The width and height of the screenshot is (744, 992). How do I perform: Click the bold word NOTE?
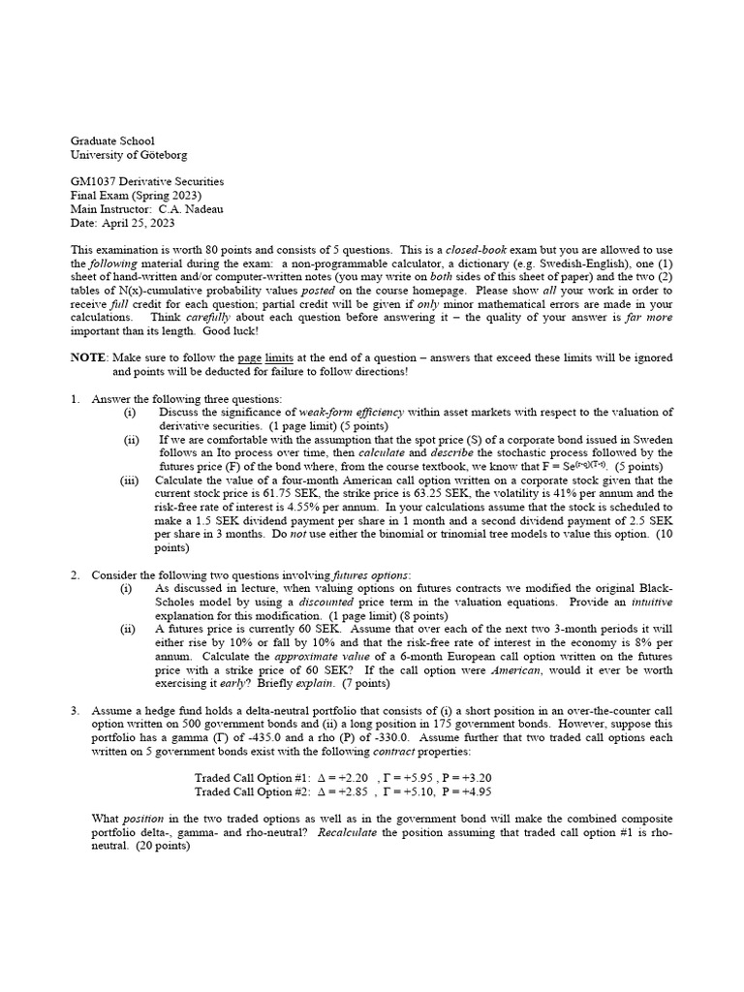point(87,357)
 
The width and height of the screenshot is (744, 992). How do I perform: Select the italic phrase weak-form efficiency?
point(352,413)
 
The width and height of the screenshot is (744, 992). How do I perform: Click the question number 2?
point(75,575)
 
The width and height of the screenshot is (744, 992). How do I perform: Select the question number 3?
point(75,710)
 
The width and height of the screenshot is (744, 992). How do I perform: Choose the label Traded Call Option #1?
point(252,778)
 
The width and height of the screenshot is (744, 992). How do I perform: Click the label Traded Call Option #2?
point(252,791)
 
